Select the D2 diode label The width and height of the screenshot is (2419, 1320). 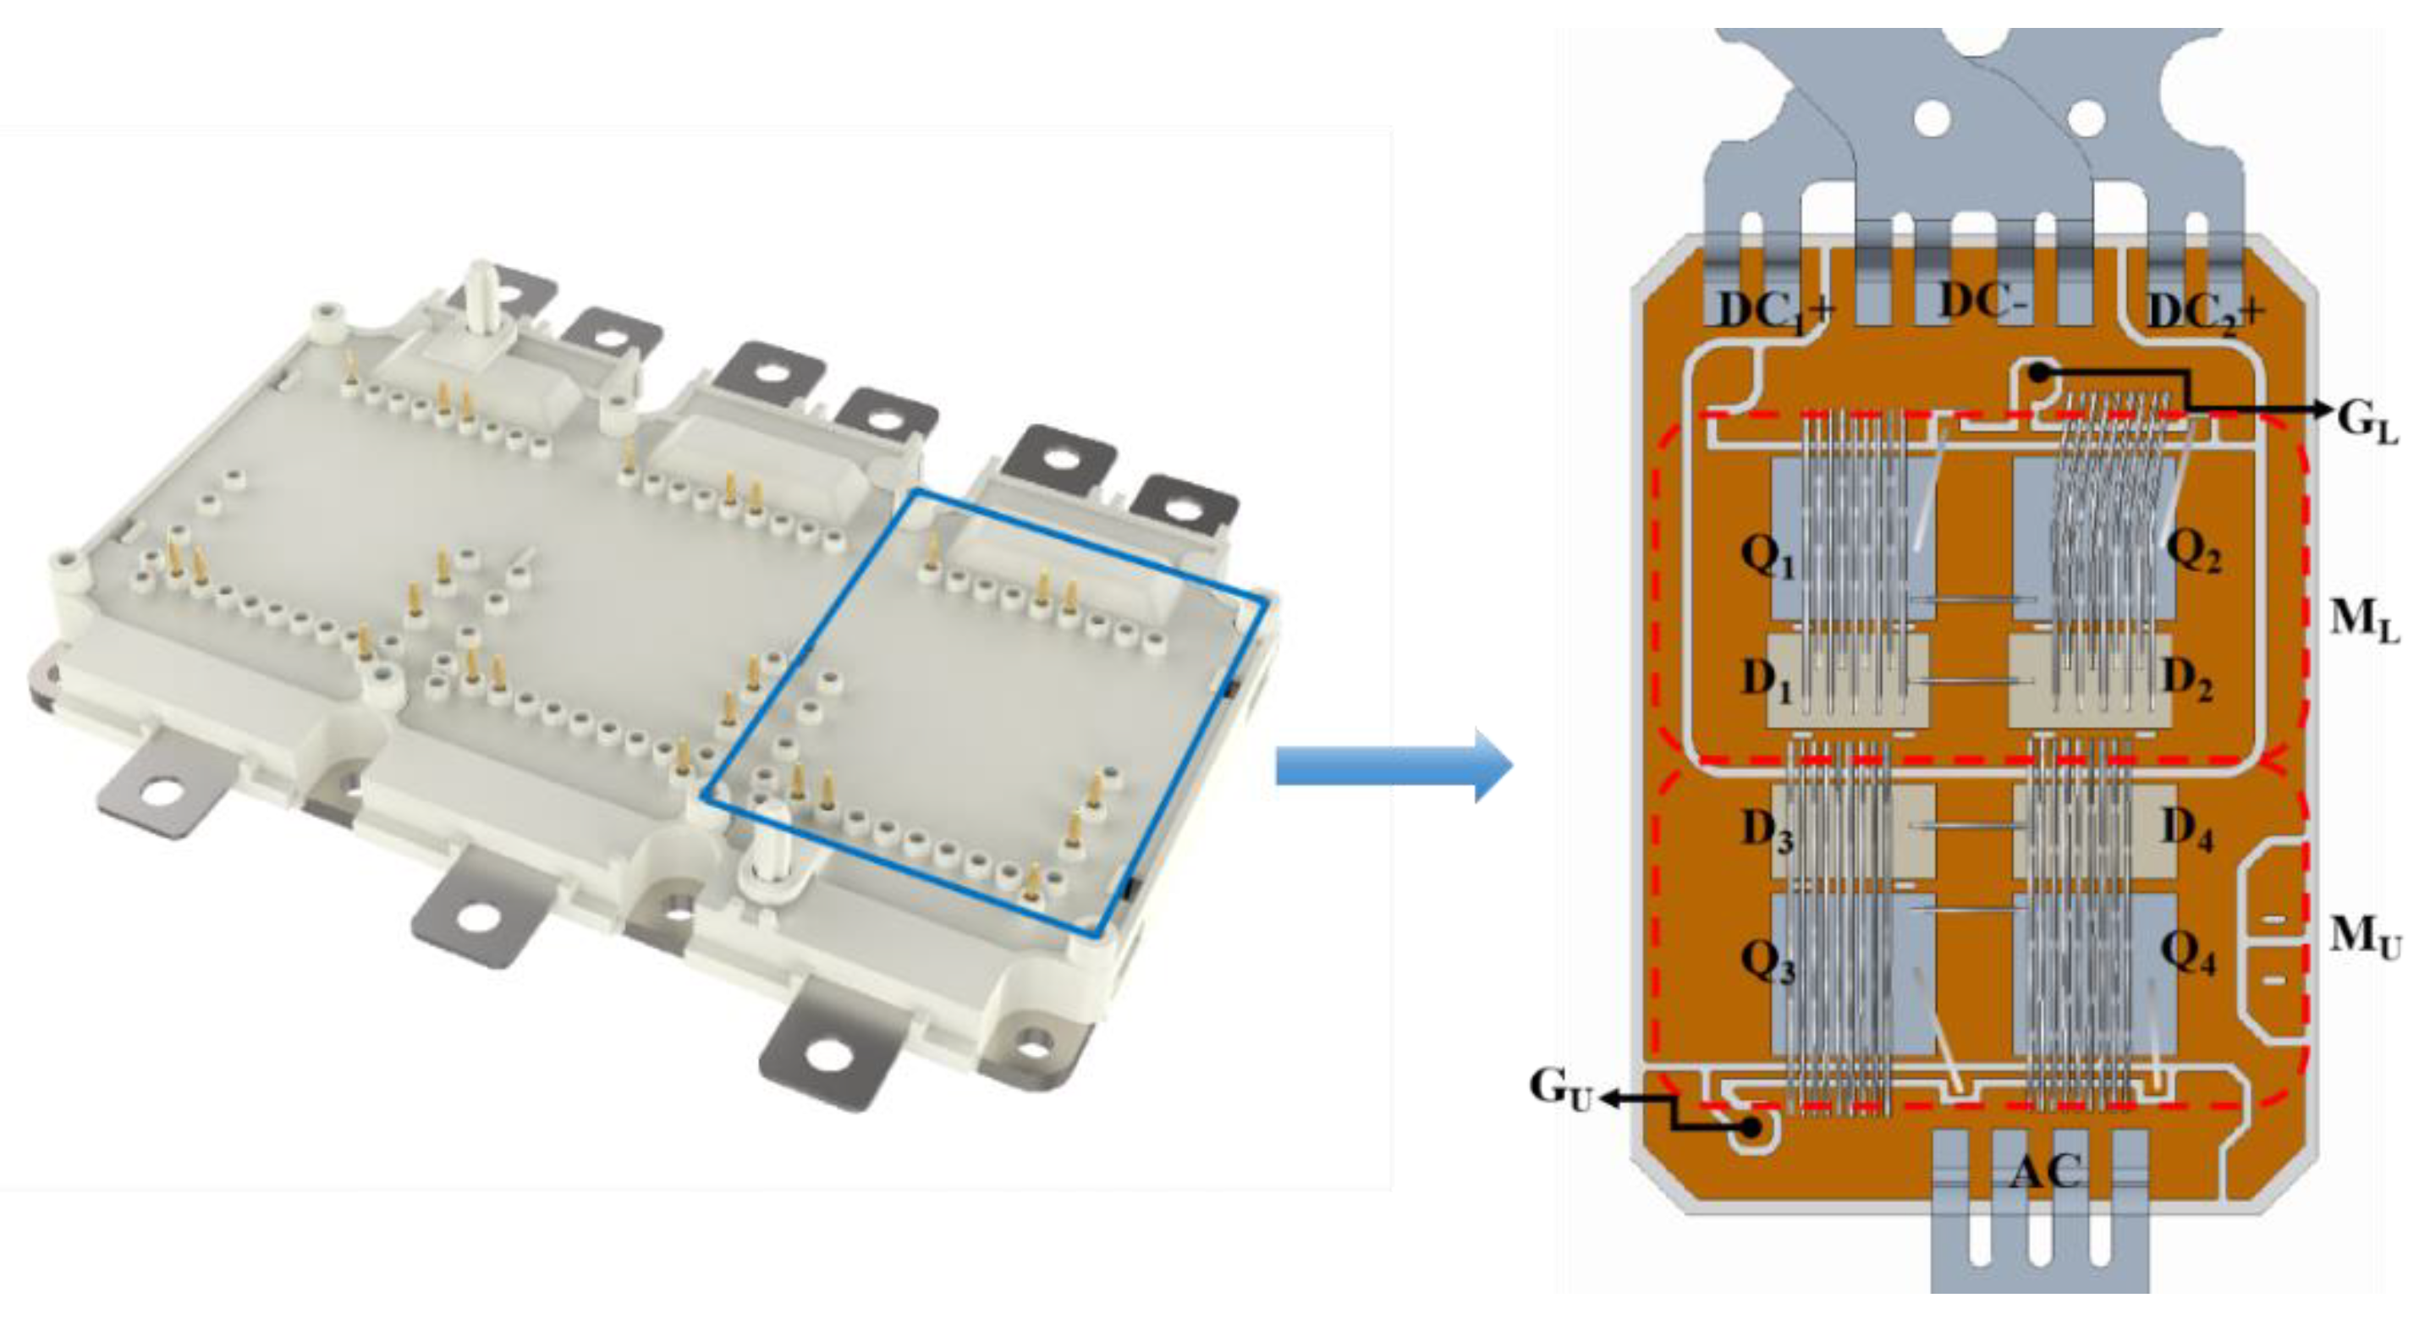[2188, 679]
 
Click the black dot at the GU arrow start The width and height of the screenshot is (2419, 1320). [1751, 1128]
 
